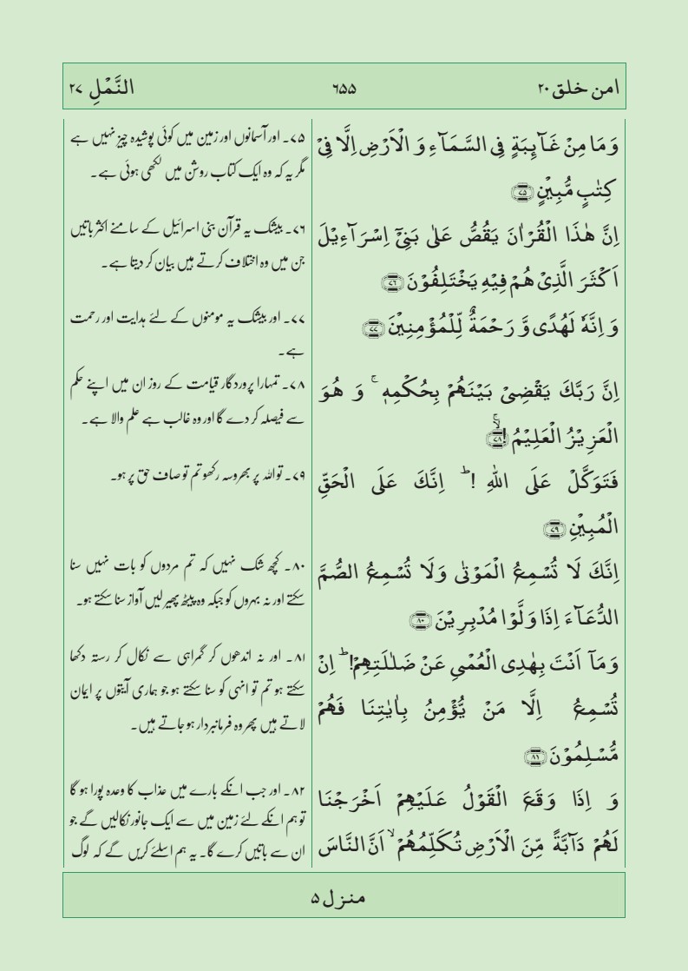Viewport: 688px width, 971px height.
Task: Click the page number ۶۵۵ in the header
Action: [344, 89]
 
